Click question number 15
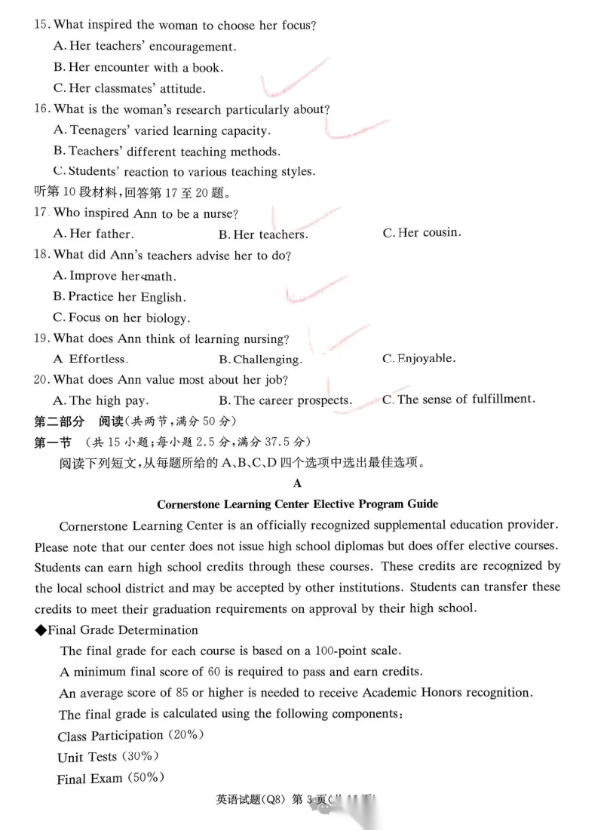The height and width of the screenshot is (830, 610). click(x=41, y=26)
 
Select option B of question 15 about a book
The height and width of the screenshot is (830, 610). click(x=138, y=68)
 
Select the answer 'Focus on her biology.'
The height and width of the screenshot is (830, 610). click(x=121, y=318)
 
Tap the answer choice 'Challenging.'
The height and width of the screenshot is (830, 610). click(x=260, y=360)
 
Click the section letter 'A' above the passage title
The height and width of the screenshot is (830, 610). click(x=297, y=483)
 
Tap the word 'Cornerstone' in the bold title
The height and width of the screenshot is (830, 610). click(x=192, y=504)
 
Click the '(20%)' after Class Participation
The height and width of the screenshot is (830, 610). click(x=185, y=735)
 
